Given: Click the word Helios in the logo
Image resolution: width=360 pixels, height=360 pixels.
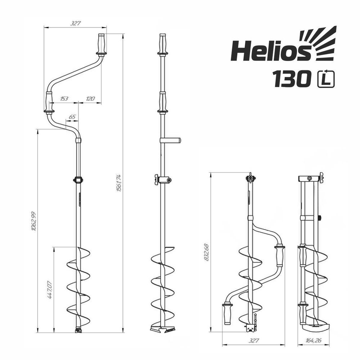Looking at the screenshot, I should pyautogui.click(x=270, y=51).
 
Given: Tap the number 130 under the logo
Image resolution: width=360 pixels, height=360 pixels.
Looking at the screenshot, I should pyautogui.click(x=292, y=78).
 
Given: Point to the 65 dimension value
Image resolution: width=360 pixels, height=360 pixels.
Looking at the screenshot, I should pyautogui.click(x=72, y=117).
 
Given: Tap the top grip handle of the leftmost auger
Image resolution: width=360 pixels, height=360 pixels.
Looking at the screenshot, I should pyautogui.click(x=101, y=44).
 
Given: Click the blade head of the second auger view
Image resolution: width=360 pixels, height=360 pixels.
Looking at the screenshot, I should pyautogui.click(x=162, y=329).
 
